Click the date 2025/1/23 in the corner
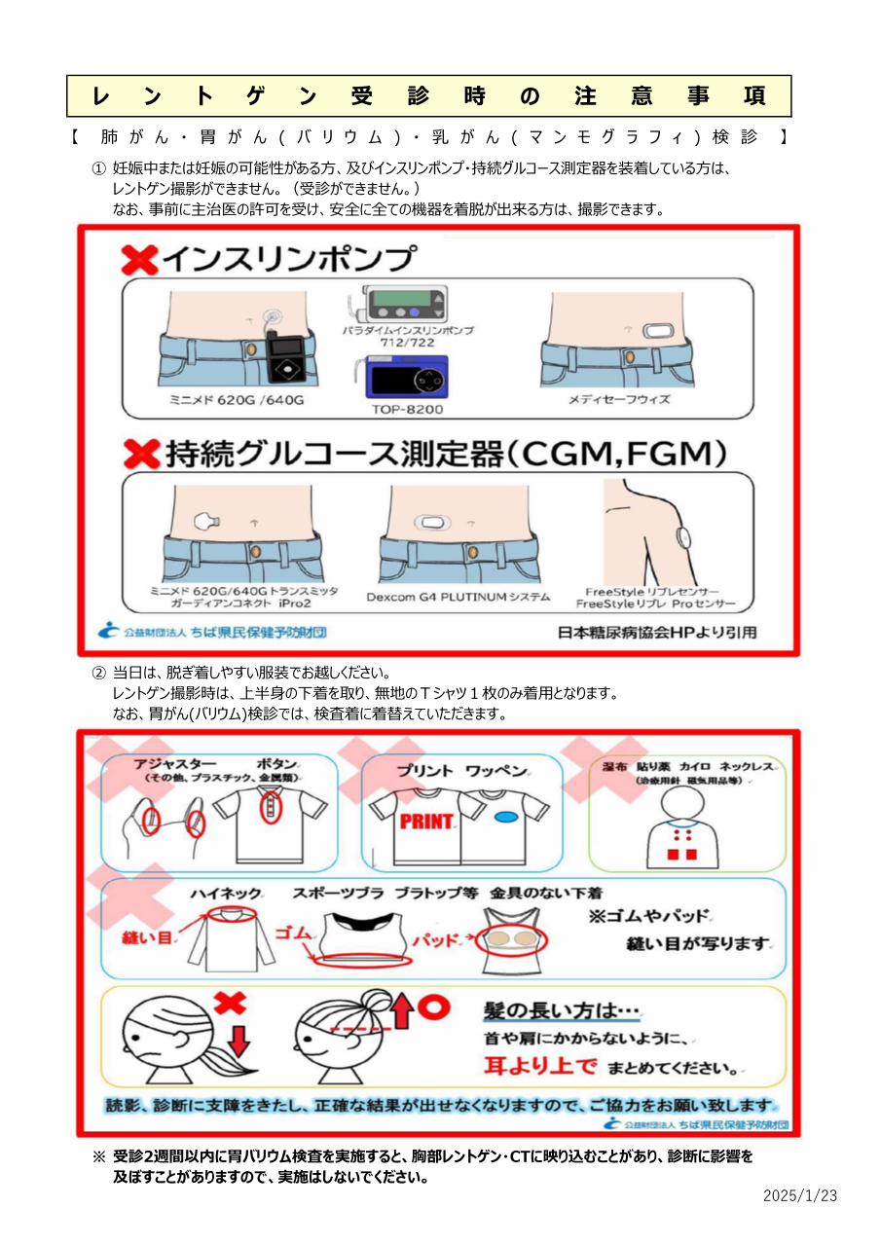[800, 1195]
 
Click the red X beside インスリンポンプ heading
[139, 259]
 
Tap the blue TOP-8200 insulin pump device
[408, 378]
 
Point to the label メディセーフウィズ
[619, 400]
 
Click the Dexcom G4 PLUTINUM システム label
[458, 597]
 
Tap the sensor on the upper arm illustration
[684, 536]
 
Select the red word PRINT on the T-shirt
[426, 821]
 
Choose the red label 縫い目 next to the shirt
[146, 937]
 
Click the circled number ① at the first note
[98, 168]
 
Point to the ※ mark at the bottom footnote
[98, 1157]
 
